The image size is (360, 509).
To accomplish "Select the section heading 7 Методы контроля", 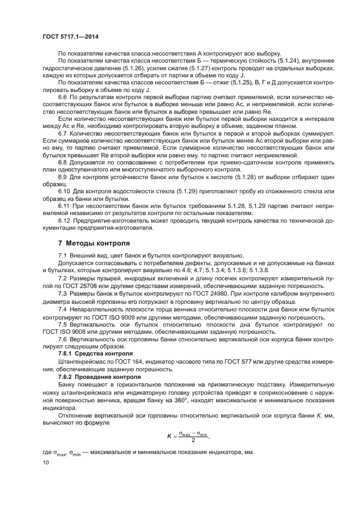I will pyautogui.click(x=94, y=243).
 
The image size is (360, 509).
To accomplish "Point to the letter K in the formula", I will pyautogui.click(x=168, y=436).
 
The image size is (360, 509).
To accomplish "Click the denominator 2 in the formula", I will pyautogui.click(x=192, y=440).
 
